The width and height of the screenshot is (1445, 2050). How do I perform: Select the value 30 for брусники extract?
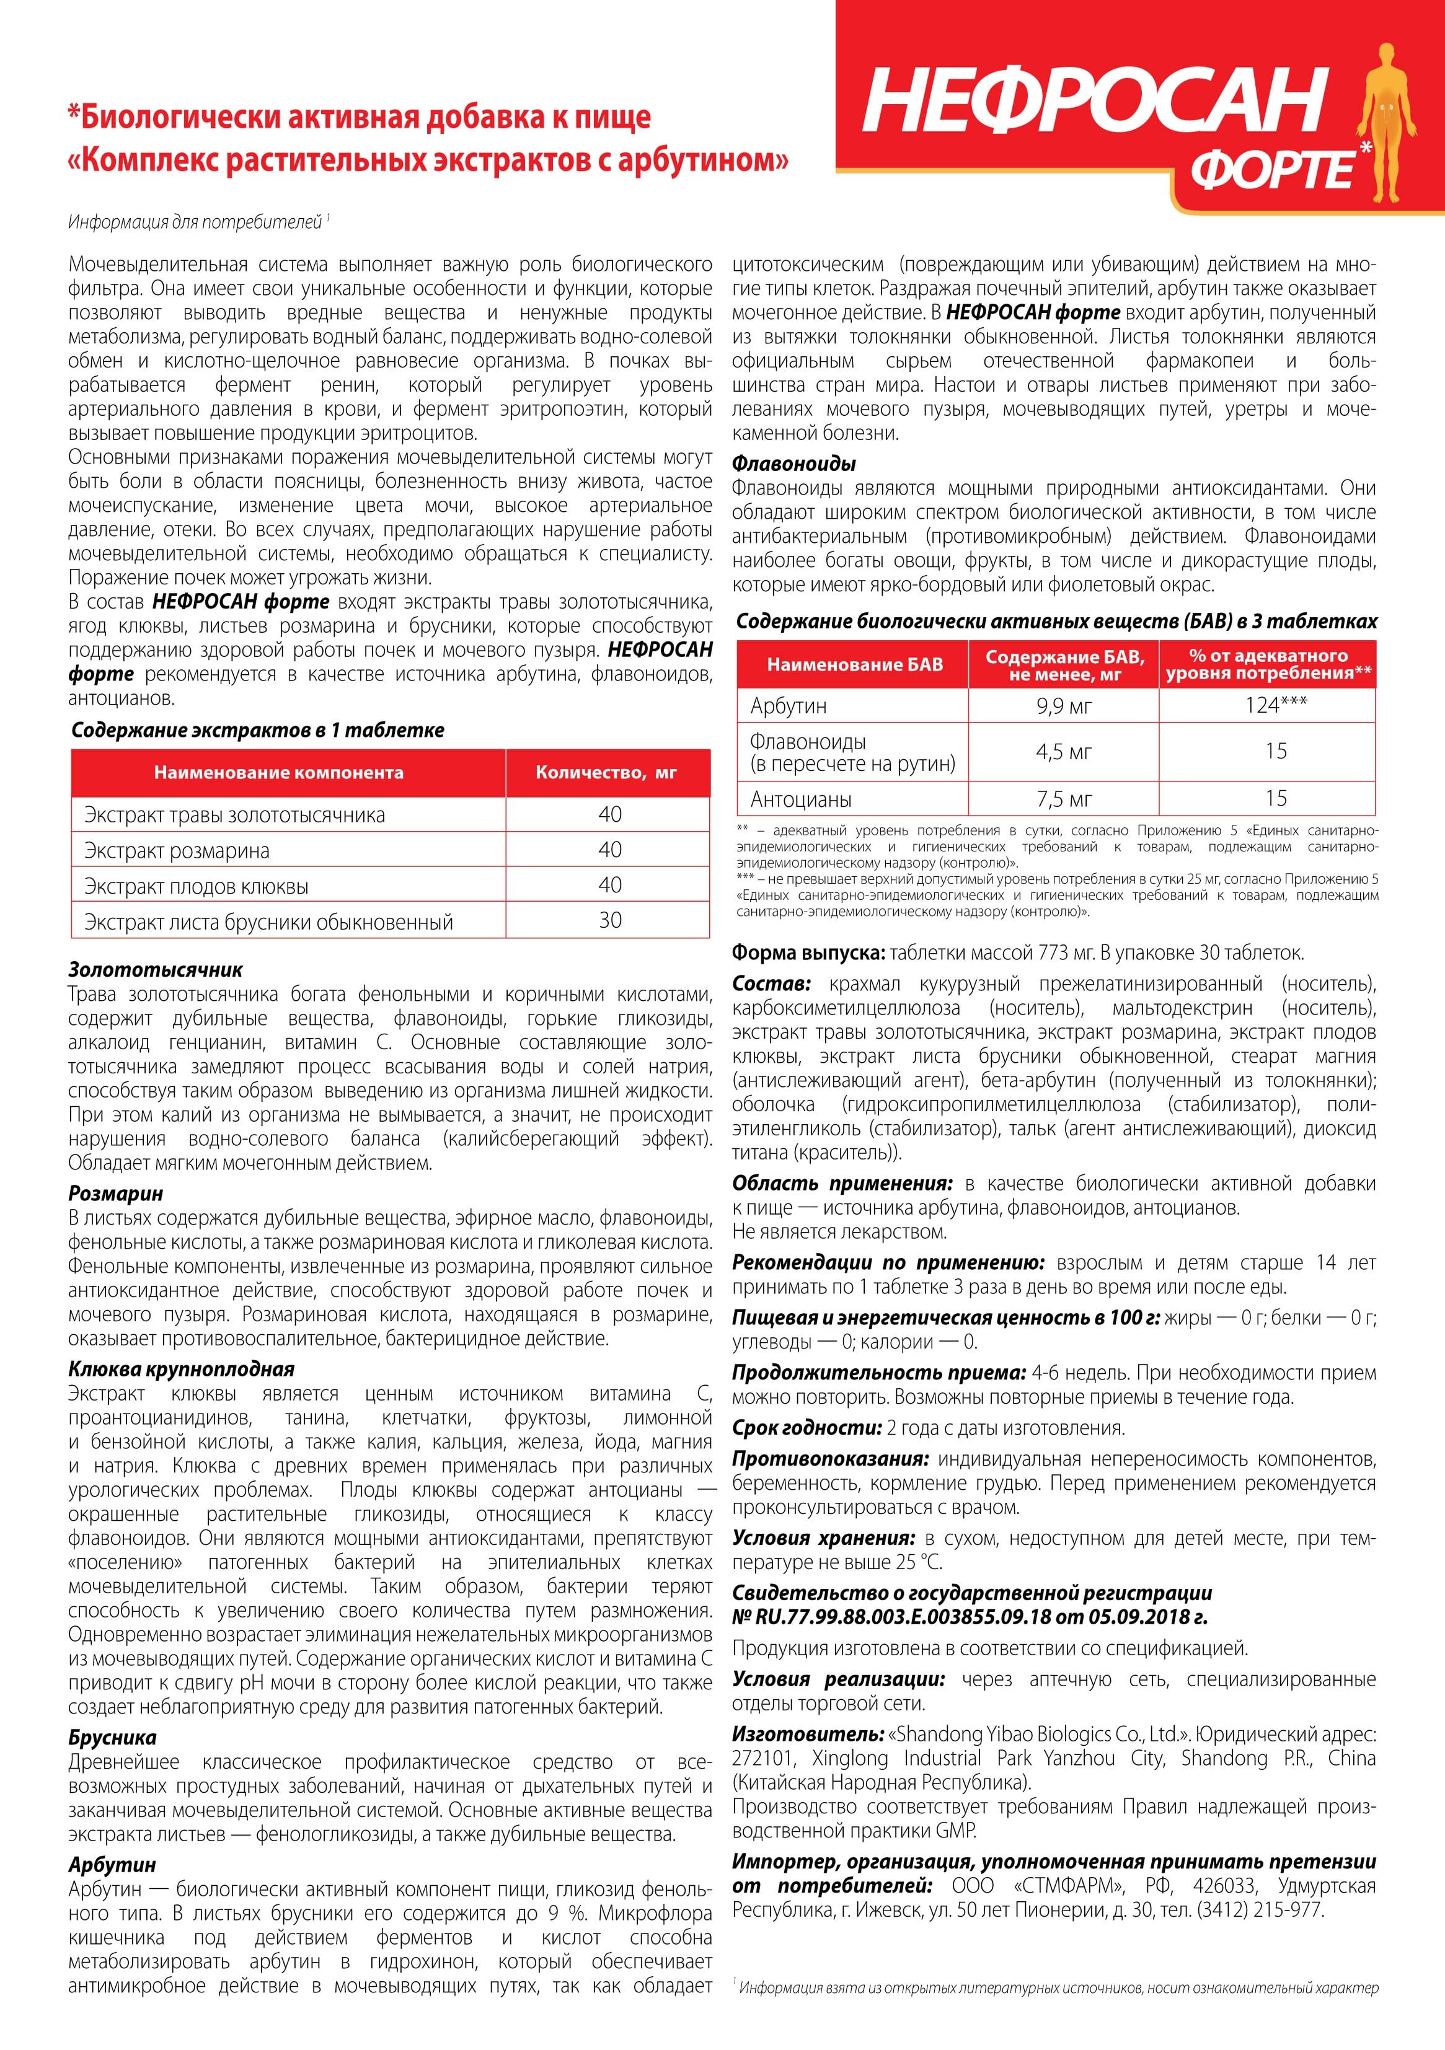click(x=610, y=920)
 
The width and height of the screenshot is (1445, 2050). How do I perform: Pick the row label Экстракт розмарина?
click(x=177, y=851)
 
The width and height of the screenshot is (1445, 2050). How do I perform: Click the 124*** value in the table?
click(x=1276, y=705)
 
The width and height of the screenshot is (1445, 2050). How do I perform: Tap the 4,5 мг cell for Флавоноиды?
click(x=1064, y=752)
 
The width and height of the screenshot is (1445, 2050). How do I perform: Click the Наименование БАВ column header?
click(x=855, y=664)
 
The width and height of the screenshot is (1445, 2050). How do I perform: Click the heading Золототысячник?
click(x=156, y=970)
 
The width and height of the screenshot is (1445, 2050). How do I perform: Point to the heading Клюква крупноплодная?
click(x=181, y=1369)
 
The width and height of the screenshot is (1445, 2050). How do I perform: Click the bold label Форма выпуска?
click(x=807, y=952)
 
